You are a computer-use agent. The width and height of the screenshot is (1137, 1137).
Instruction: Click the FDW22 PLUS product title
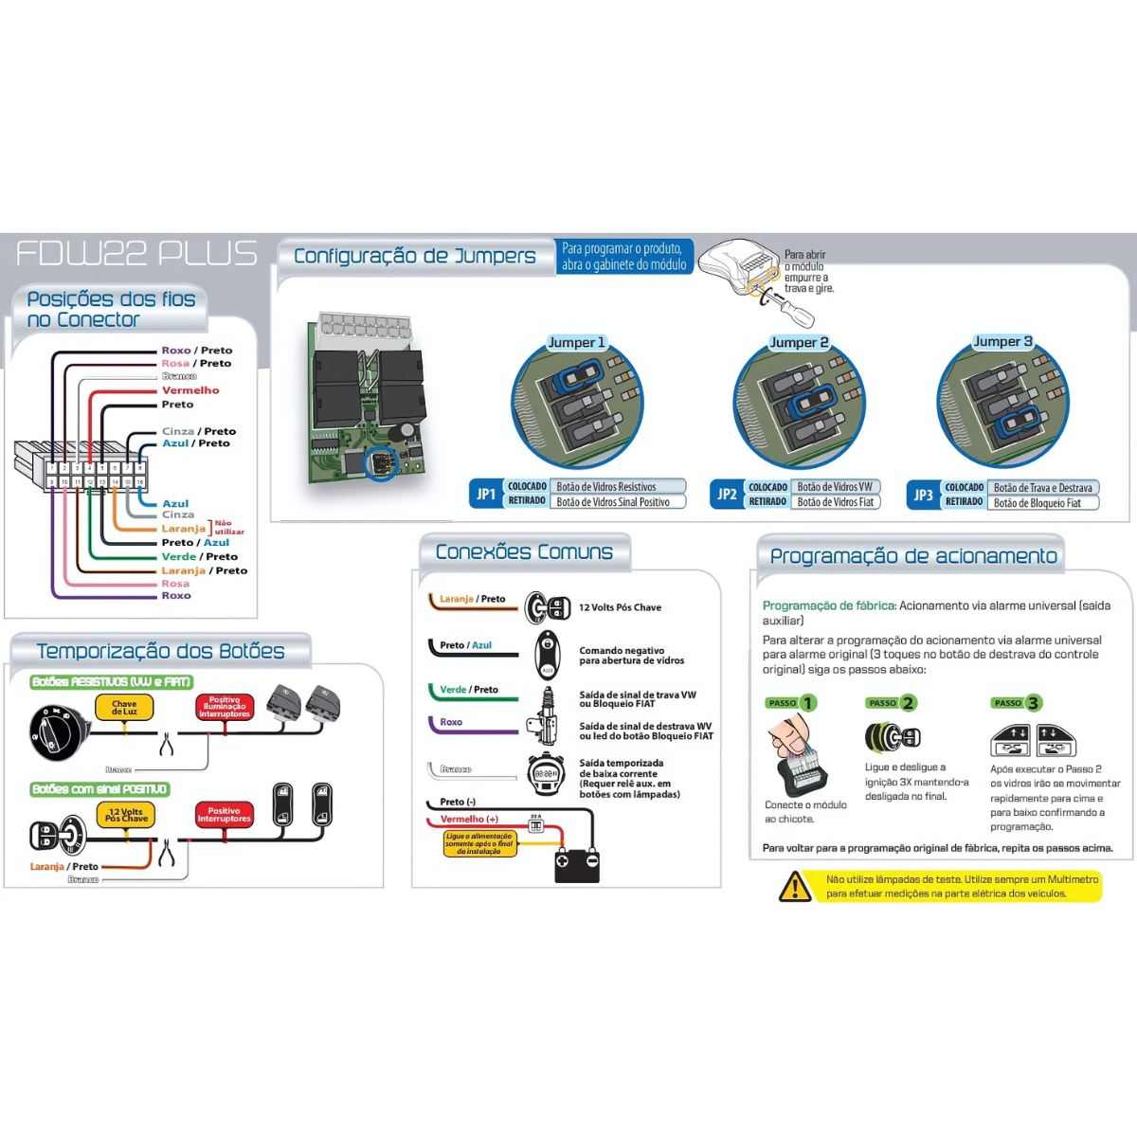(136, 254)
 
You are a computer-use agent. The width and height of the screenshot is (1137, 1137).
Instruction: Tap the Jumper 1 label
(576, 342)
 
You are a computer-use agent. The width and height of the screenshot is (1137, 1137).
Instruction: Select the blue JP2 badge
(727, 494)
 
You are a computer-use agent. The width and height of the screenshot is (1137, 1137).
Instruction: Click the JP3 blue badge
(923, 495)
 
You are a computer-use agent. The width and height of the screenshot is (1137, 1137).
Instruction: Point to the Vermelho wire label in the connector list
(190, 390)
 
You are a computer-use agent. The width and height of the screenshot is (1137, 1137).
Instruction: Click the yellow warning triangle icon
(795, 886)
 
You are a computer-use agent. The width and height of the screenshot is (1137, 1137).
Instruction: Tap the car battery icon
(576, 864)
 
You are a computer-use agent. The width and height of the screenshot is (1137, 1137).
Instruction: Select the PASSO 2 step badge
(892, 703)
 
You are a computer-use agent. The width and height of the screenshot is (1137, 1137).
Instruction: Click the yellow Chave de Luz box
(124, 708)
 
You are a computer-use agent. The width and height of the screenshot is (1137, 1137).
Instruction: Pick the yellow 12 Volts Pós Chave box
(125, 815)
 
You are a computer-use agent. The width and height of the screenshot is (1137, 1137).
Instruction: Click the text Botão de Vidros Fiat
(836, 502)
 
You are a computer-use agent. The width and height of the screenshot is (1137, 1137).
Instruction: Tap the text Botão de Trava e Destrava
(1042, 488)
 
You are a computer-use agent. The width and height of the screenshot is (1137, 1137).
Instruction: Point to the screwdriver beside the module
(783, 304)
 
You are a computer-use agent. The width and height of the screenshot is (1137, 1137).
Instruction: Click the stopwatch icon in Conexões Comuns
(546, 773)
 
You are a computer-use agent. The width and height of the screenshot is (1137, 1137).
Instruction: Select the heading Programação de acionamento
(912, 556)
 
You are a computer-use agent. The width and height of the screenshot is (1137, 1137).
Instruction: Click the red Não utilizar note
(228, 527)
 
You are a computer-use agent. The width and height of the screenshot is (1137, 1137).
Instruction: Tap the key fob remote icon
(548, 654)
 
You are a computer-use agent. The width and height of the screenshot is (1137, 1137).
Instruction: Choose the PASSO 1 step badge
(791, 703)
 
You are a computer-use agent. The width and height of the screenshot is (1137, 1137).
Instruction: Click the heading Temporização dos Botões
(160, 651)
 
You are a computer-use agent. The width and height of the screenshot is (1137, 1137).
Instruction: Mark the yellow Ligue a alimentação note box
(479, 844)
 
